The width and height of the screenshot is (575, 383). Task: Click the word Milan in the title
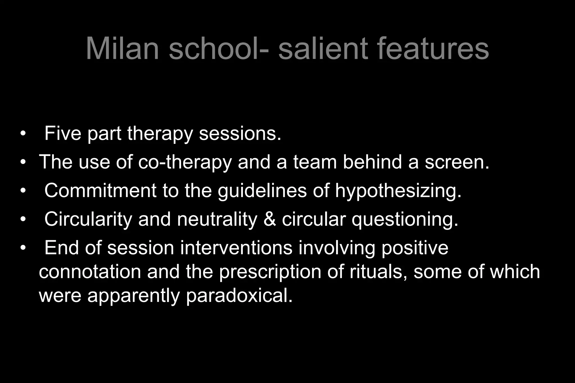click(122, 48)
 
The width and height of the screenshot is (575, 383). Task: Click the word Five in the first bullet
click(63, 133)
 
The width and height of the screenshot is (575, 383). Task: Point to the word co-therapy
click(185, 162)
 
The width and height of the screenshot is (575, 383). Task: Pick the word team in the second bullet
click(315, 162)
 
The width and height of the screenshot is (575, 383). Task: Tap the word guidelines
click(262, 191)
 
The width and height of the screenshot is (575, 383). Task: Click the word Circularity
click(88, 219)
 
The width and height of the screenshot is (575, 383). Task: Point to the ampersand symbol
click(270, 219)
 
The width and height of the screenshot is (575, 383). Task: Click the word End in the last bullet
click(61, 248)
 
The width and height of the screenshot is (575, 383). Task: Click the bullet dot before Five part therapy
click(23, 133)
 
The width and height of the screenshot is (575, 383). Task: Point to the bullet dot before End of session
click(23, 248)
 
